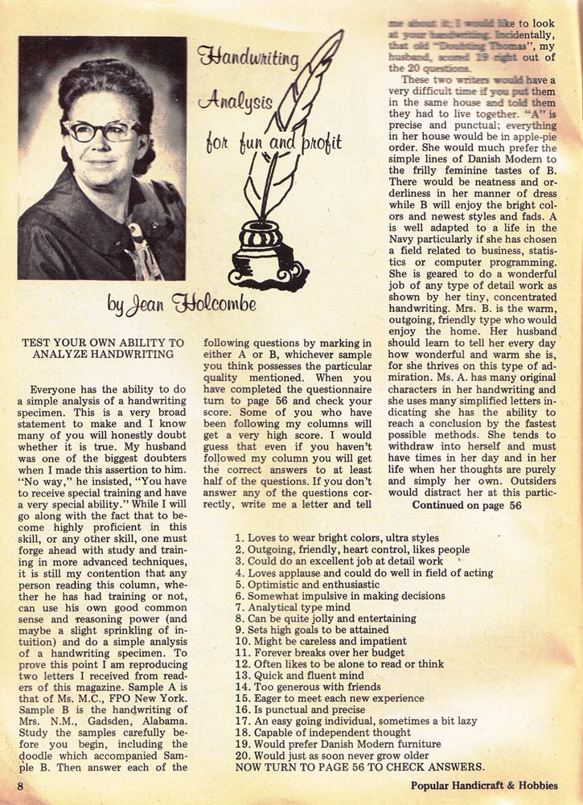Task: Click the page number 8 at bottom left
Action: [20, 785]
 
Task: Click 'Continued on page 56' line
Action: [467, 506]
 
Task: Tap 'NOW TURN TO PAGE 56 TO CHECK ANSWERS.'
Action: [359, 767]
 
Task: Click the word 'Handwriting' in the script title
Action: [248, 58]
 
